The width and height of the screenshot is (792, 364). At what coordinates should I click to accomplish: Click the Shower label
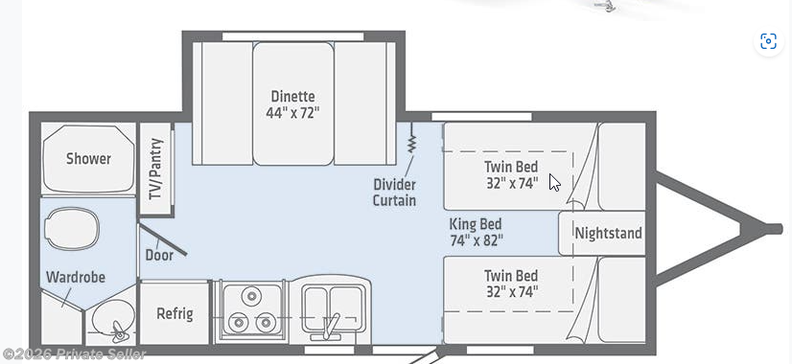tap(88, 158)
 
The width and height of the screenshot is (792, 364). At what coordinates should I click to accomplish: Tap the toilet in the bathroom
tap(71, 229)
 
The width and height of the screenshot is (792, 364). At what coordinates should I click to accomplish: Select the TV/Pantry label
tap(156, 169)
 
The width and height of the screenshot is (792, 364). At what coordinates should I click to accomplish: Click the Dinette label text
tap(293, 96)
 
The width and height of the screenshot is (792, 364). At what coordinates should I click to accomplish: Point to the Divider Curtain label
tap(394, 192)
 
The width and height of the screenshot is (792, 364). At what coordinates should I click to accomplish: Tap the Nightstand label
tap(608, 233)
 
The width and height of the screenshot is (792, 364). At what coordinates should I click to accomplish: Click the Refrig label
tap(175, 313)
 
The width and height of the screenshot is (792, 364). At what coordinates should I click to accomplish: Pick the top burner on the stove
tap(250, 296)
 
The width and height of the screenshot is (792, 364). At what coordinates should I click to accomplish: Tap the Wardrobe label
tap(76, 277)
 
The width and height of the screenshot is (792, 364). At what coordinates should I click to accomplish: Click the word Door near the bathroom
tap(159, 255)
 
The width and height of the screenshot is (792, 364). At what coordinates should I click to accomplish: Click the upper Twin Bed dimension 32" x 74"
tap(512, 183)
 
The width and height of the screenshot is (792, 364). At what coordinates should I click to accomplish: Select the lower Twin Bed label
tap(511, 276)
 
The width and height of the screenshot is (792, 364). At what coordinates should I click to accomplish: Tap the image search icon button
tap(768, 41)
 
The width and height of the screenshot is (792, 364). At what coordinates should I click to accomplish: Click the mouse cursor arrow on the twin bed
tap(554, 182)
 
